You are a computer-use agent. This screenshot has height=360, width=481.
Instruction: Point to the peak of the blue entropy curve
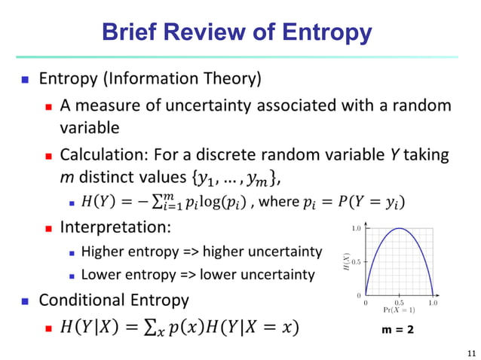coord(399,229)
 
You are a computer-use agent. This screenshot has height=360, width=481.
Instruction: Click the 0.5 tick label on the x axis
coord(399,301)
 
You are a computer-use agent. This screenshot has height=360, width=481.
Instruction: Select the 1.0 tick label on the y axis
coord(357,228)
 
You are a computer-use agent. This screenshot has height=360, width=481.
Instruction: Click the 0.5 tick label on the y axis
coord(357,261)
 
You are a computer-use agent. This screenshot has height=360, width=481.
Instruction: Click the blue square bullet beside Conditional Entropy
coord(23,301)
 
